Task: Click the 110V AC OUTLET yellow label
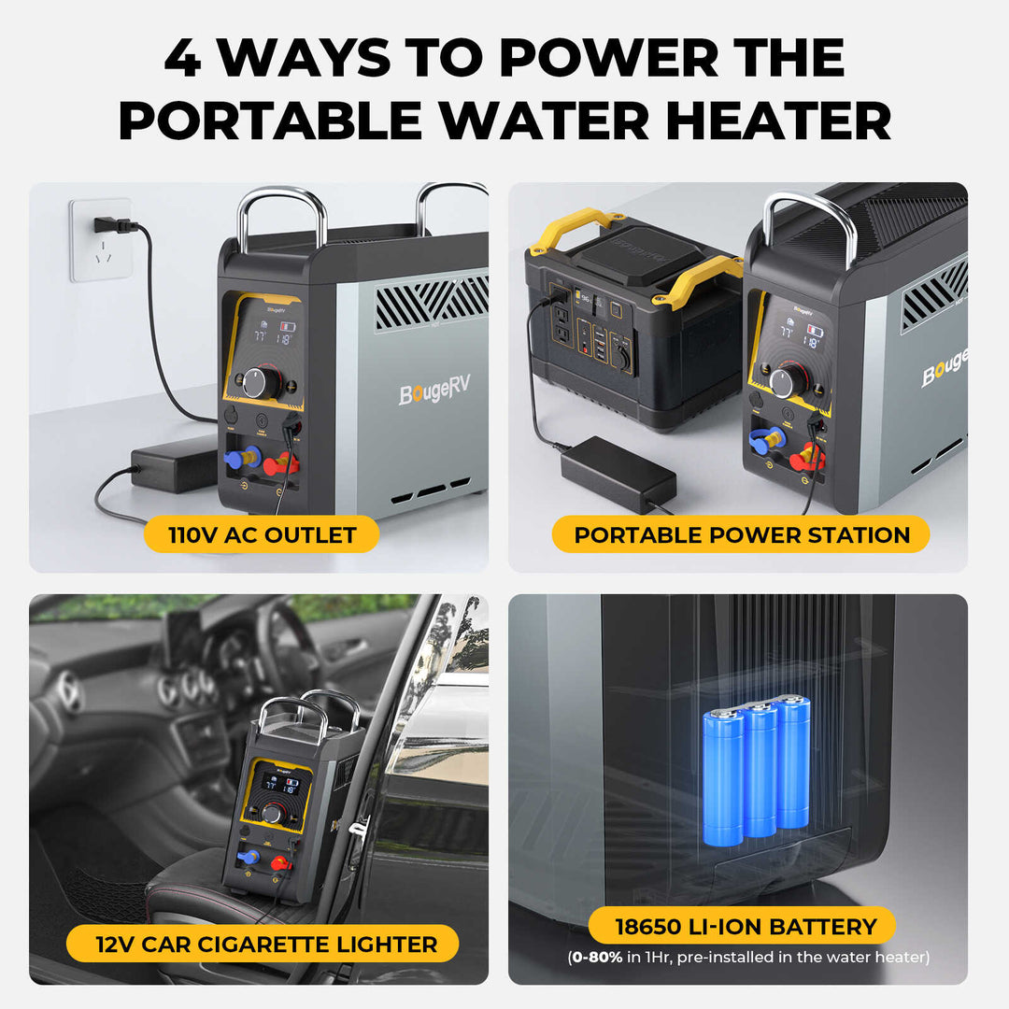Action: click(x=263, y=535)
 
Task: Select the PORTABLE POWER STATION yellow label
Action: click(x=741, y=535)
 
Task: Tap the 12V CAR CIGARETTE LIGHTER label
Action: click(x=266, y=945)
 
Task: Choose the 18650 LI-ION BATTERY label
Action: click(x=745, y=927)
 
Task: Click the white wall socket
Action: click(x=101, y=240)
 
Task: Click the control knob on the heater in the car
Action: click(x=273, y=814)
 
